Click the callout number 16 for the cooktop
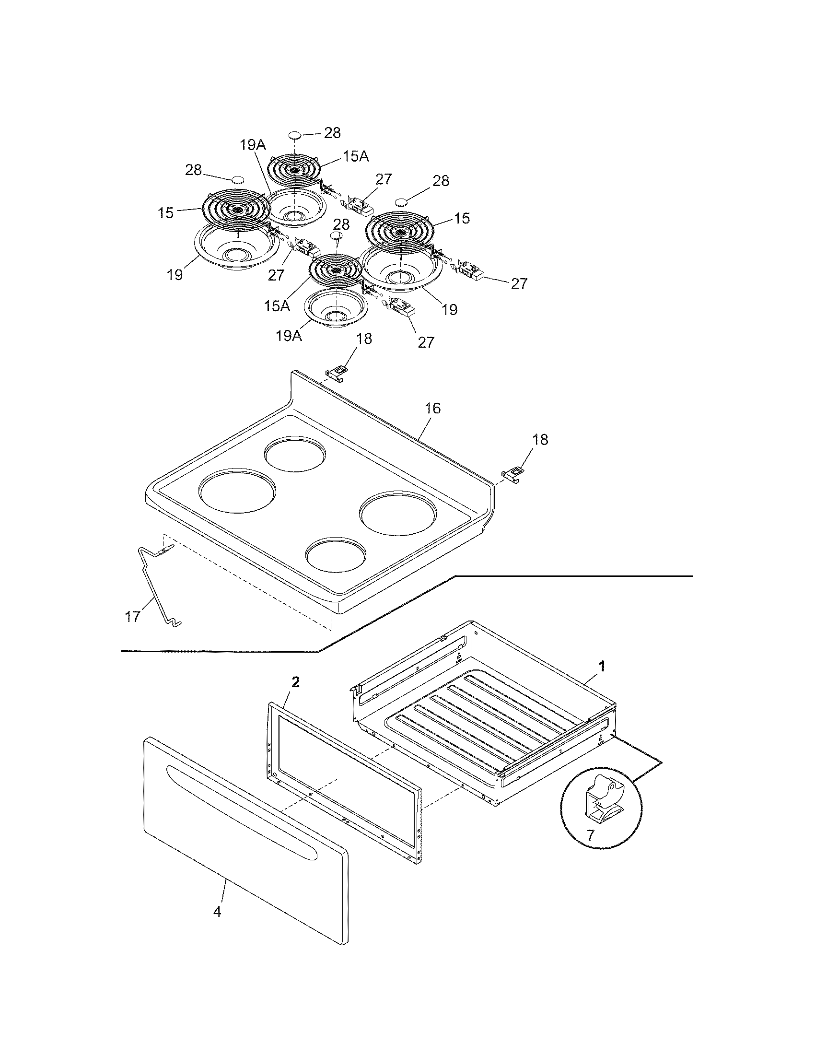432,409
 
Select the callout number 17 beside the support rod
133,617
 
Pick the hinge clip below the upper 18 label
337,373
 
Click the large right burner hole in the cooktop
399,513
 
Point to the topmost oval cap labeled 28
295,134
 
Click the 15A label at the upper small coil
356,156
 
